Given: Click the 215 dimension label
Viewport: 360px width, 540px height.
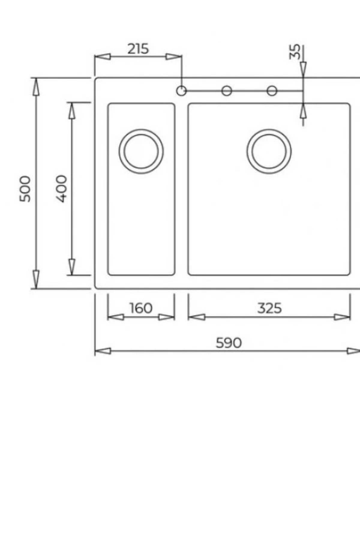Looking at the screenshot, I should click(x=138, y=49).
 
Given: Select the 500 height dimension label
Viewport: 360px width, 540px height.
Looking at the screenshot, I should click(x=25, y=189).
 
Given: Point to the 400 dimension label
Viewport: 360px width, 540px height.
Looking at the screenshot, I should click(x=62, y=189).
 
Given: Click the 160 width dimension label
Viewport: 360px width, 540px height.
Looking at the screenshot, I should click(x=141, y=308).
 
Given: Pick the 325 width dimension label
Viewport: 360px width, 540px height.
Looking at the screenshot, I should click(x=269, y=308).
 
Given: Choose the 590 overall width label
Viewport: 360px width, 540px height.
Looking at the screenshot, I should click(x=229, y=343).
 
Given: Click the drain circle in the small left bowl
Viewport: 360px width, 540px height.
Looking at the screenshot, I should click(x=141, y=151).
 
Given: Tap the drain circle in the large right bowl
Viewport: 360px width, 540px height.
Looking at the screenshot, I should click(x=269, y=151).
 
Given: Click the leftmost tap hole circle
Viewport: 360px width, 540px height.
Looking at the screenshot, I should click(x=181, y=91).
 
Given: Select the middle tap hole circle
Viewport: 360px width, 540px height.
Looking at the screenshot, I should click(x=227, y=91).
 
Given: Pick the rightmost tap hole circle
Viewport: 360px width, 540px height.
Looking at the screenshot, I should click(x=272, y=91).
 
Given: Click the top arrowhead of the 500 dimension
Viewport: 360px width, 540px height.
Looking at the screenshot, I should click(x=36, y=87).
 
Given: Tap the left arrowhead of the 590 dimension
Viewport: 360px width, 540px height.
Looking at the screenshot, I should click(x=103, y=351).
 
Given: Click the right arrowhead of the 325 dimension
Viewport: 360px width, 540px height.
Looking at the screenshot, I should click(x=342, y=317).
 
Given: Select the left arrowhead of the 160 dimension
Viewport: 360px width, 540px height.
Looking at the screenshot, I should click(x=115, y=317).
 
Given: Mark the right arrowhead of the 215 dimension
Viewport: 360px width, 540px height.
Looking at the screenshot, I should click(x=173, y=57).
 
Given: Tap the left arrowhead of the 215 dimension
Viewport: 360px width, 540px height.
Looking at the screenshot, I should click(x=103, y=57).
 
